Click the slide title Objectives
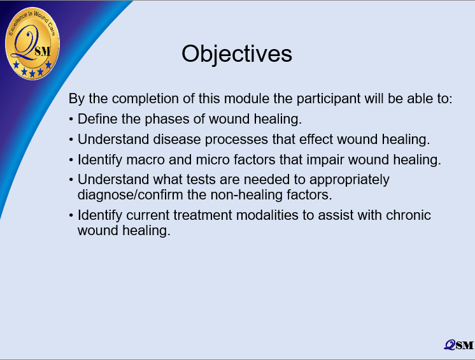tap(237, 54)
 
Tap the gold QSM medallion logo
tap(32, 43)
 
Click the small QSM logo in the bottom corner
tap(458, 345)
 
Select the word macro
tap(145, 160)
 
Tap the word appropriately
tap(350, 180)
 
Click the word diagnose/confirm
tap(131, 195)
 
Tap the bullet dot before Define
tap(71, 119)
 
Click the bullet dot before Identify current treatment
tap(71, 216)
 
